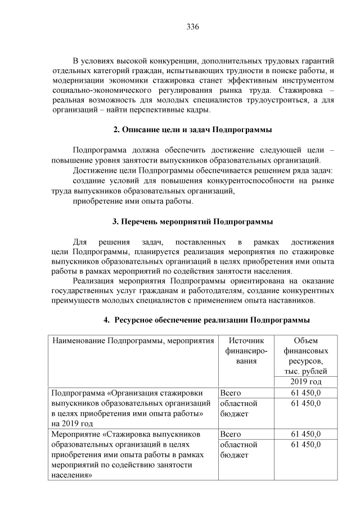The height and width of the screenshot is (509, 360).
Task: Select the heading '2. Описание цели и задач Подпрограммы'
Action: [193, 130]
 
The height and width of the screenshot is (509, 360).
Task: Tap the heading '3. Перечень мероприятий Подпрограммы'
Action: [193, 221]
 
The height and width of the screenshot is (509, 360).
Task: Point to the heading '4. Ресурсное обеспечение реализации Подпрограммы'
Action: [206, 320]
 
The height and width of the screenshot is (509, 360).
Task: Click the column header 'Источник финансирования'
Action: [245, 351]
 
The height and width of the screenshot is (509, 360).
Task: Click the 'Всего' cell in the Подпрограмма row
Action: [231, 393]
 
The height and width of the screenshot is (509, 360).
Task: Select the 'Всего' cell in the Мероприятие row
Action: [231, 434]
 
